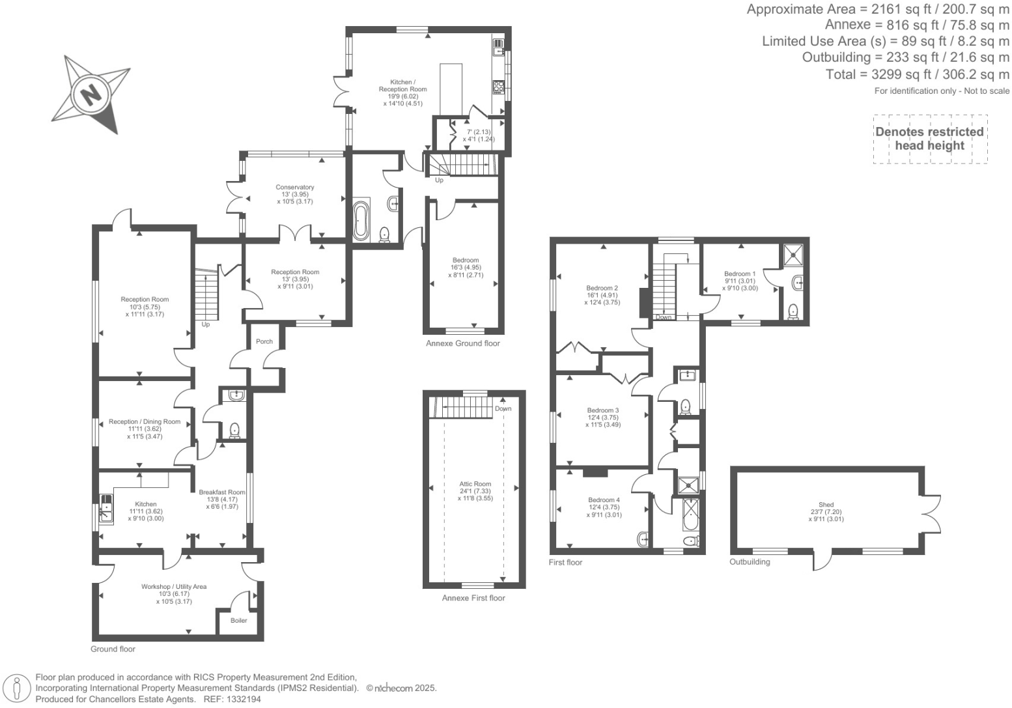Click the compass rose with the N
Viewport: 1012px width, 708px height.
tap(91, 93)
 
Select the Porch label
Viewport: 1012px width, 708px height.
tap(264, 341)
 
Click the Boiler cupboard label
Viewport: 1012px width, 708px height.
tap(239, 620)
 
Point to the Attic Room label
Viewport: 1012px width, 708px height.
tap(475, 484)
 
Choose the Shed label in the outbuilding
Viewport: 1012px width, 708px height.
tap(826, 505)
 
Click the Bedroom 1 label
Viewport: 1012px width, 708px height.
tap(740, 274)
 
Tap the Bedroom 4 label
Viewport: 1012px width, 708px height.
tap(604, 500)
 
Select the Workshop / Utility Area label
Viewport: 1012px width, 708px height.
tap(174, 587)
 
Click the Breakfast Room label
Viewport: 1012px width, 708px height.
tap(222, 492)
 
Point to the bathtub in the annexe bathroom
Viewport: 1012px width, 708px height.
tap(361, 221)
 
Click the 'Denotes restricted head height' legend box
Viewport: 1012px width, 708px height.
tap(929, 139)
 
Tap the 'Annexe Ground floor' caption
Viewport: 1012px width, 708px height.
tap(462, 343)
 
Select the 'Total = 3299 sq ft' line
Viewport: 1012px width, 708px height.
tap(917, 74)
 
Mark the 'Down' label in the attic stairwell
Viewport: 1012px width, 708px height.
tap(503, 408)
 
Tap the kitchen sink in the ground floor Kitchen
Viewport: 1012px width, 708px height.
tap(105, 507)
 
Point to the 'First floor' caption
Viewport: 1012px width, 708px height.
tap(565, 562)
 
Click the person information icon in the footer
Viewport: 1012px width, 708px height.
tap(18, 688)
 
